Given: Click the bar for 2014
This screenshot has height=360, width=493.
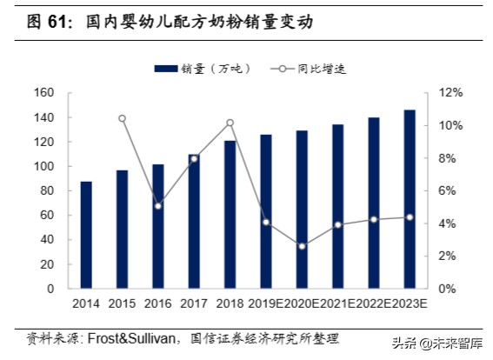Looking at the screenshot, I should pyautogui.click(x=86, y=235).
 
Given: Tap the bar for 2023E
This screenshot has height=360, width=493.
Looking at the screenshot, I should pyautogui.click(x=410, y=199).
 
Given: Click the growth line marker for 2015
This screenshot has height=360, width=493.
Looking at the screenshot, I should pyautogui.click(x=122, y=118).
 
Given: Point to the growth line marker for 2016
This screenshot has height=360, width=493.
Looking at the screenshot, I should pyautogui.click(x=157, y=205).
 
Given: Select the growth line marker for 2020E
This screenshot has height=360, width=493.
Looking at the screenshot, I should pyautogui.click(x=302, y=246).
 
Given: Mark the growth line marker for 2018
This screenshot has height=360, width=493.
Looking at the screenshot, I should pyautogui.click(x=230, y=123).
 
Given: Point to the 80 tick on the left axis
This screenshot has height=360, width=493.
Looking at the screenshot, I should pyautogui.click(x=46, y=190).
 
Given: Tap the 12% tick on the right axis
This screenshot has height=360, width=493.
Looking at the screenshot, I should pyautogui.click(x=450, y=93).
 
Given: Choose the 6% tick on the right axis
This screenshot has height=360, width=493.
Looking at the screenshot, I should pyautogui.click(x=447, y=190).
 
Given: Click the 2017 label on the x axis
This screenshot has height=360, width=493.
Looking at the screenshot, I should pyautogui.click(x=193, y=303).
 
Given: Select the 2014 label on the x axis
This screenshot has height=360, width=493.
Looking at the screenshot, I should pyautogui.click(x=85, y=303).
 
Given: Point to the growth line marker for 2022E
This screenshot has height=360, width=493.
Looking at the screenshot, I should pyautogui.click(x=374, y=219).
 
